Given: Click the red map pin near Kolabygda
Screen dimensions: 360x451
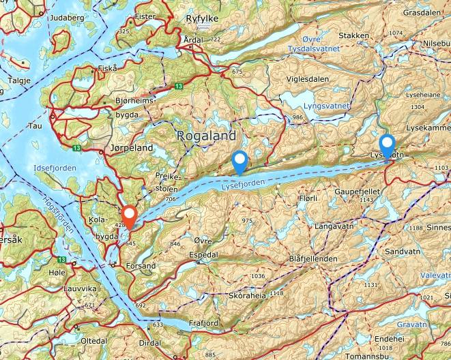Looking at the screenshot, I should coord(128,217).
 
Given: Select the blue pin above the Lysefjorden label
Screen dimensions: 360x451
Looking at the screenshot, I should coord(239,161).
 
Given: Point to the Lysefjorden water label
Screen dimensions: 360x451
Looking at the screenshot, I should coord(243,184).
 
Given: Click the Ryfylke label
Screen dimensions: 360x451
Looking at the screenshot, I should coord(202,18).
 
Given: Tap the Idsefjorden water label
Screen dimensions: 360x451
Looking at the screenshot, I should coord(55,168).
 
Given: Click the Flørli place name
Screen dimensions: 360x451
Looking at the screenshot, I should coord(308,198).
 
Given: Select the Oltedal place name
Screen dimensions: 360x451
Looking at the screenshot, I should coord(94,340).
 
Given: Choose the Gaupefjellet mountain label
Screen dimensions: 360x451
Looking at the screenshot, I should coord(356,193).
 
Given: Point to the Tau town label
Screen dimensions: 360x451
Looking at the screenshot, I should coord(34,126).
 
